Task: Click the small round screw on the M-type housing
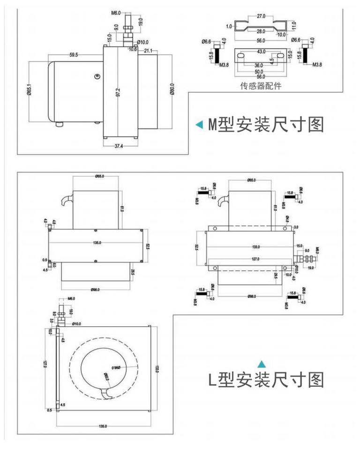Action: (x=97, y=76)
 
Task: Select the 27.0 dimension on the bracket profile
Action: (x=261, y=15)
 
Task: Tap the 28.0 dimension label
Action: (x=261, y=31)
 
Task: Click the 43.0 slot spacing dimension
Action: (x=261, y=51)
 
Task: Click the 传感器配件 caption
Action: (x=261, y=86)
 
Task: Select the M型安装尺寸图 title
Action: (x=266, y=124)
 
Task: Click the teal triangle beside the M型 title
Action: (x=199, y=125)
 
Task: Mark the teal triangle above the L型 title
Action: (x=262, y=363)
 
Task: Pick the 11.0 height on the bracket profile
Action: (x=294, y=24)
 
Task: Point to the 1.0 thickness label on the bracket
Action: (x=228, y=26)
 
